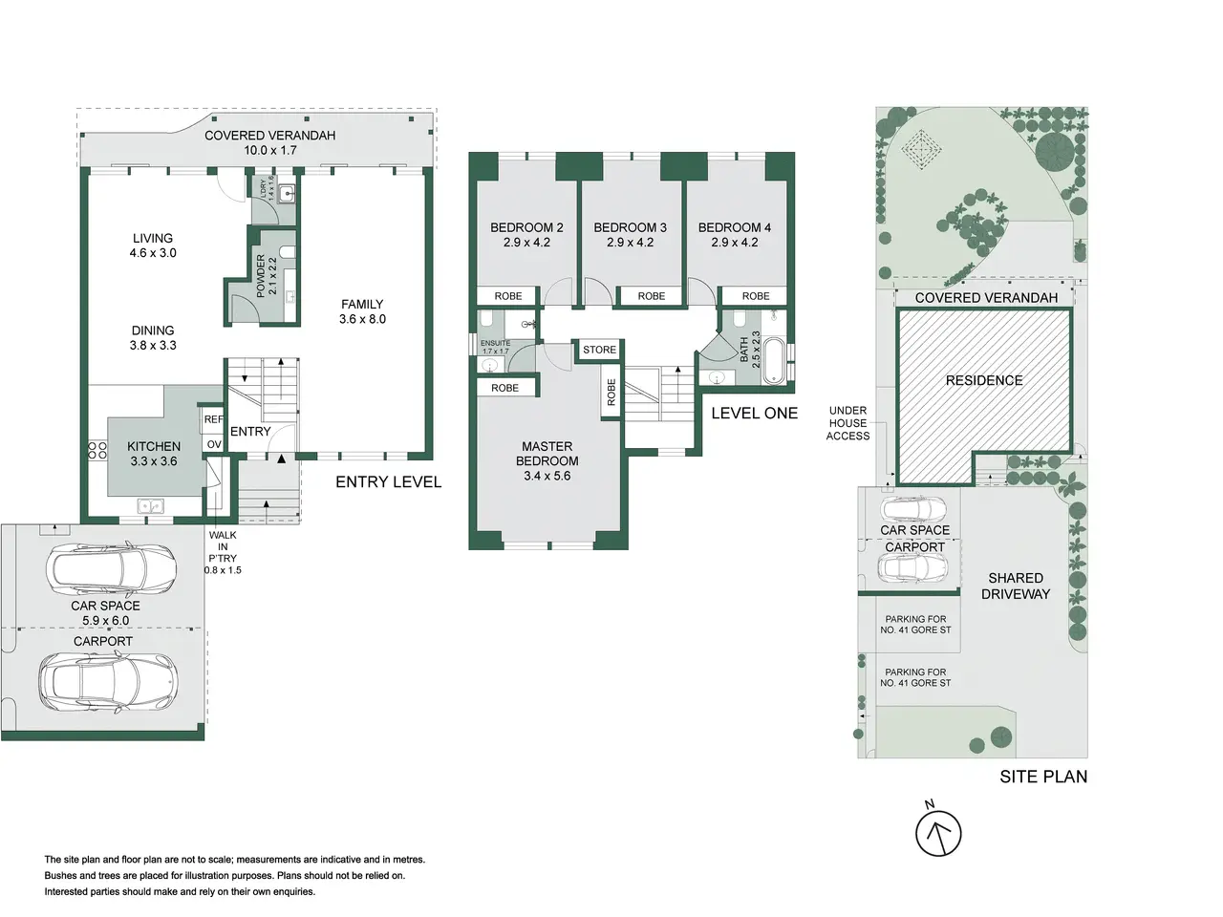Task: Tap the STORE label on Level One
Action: point(599,350)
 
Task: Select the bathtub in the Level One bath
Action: point(773,360)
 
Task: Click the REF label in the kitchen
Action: point(213,419)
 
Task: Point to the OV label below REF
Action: point(214,444)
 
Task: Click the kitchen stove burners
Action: point(97,450)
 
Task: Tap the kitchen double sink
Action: point(150,506)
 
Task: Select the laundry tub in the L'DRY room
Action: point(287,194)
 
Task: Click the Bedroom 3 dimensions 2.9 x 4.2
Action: point(631,243)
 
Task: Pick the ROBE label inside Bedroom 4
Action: point(756,296)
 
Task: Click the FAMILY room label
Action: point(362,304)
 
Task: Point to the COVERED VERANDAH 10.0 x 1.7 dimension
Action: point(270,150)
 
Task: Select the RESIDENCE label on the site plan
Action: point(984,380)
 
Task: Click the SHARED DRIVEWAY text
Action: point(1015,586)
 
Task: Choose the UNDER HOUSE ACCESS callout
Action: point(848,423)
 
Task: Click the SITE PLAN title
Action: point(1043,777)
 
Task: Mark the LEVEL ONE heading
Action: point(755,413)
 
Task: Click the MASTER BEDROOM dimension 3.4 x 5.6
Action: point(547,476)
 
